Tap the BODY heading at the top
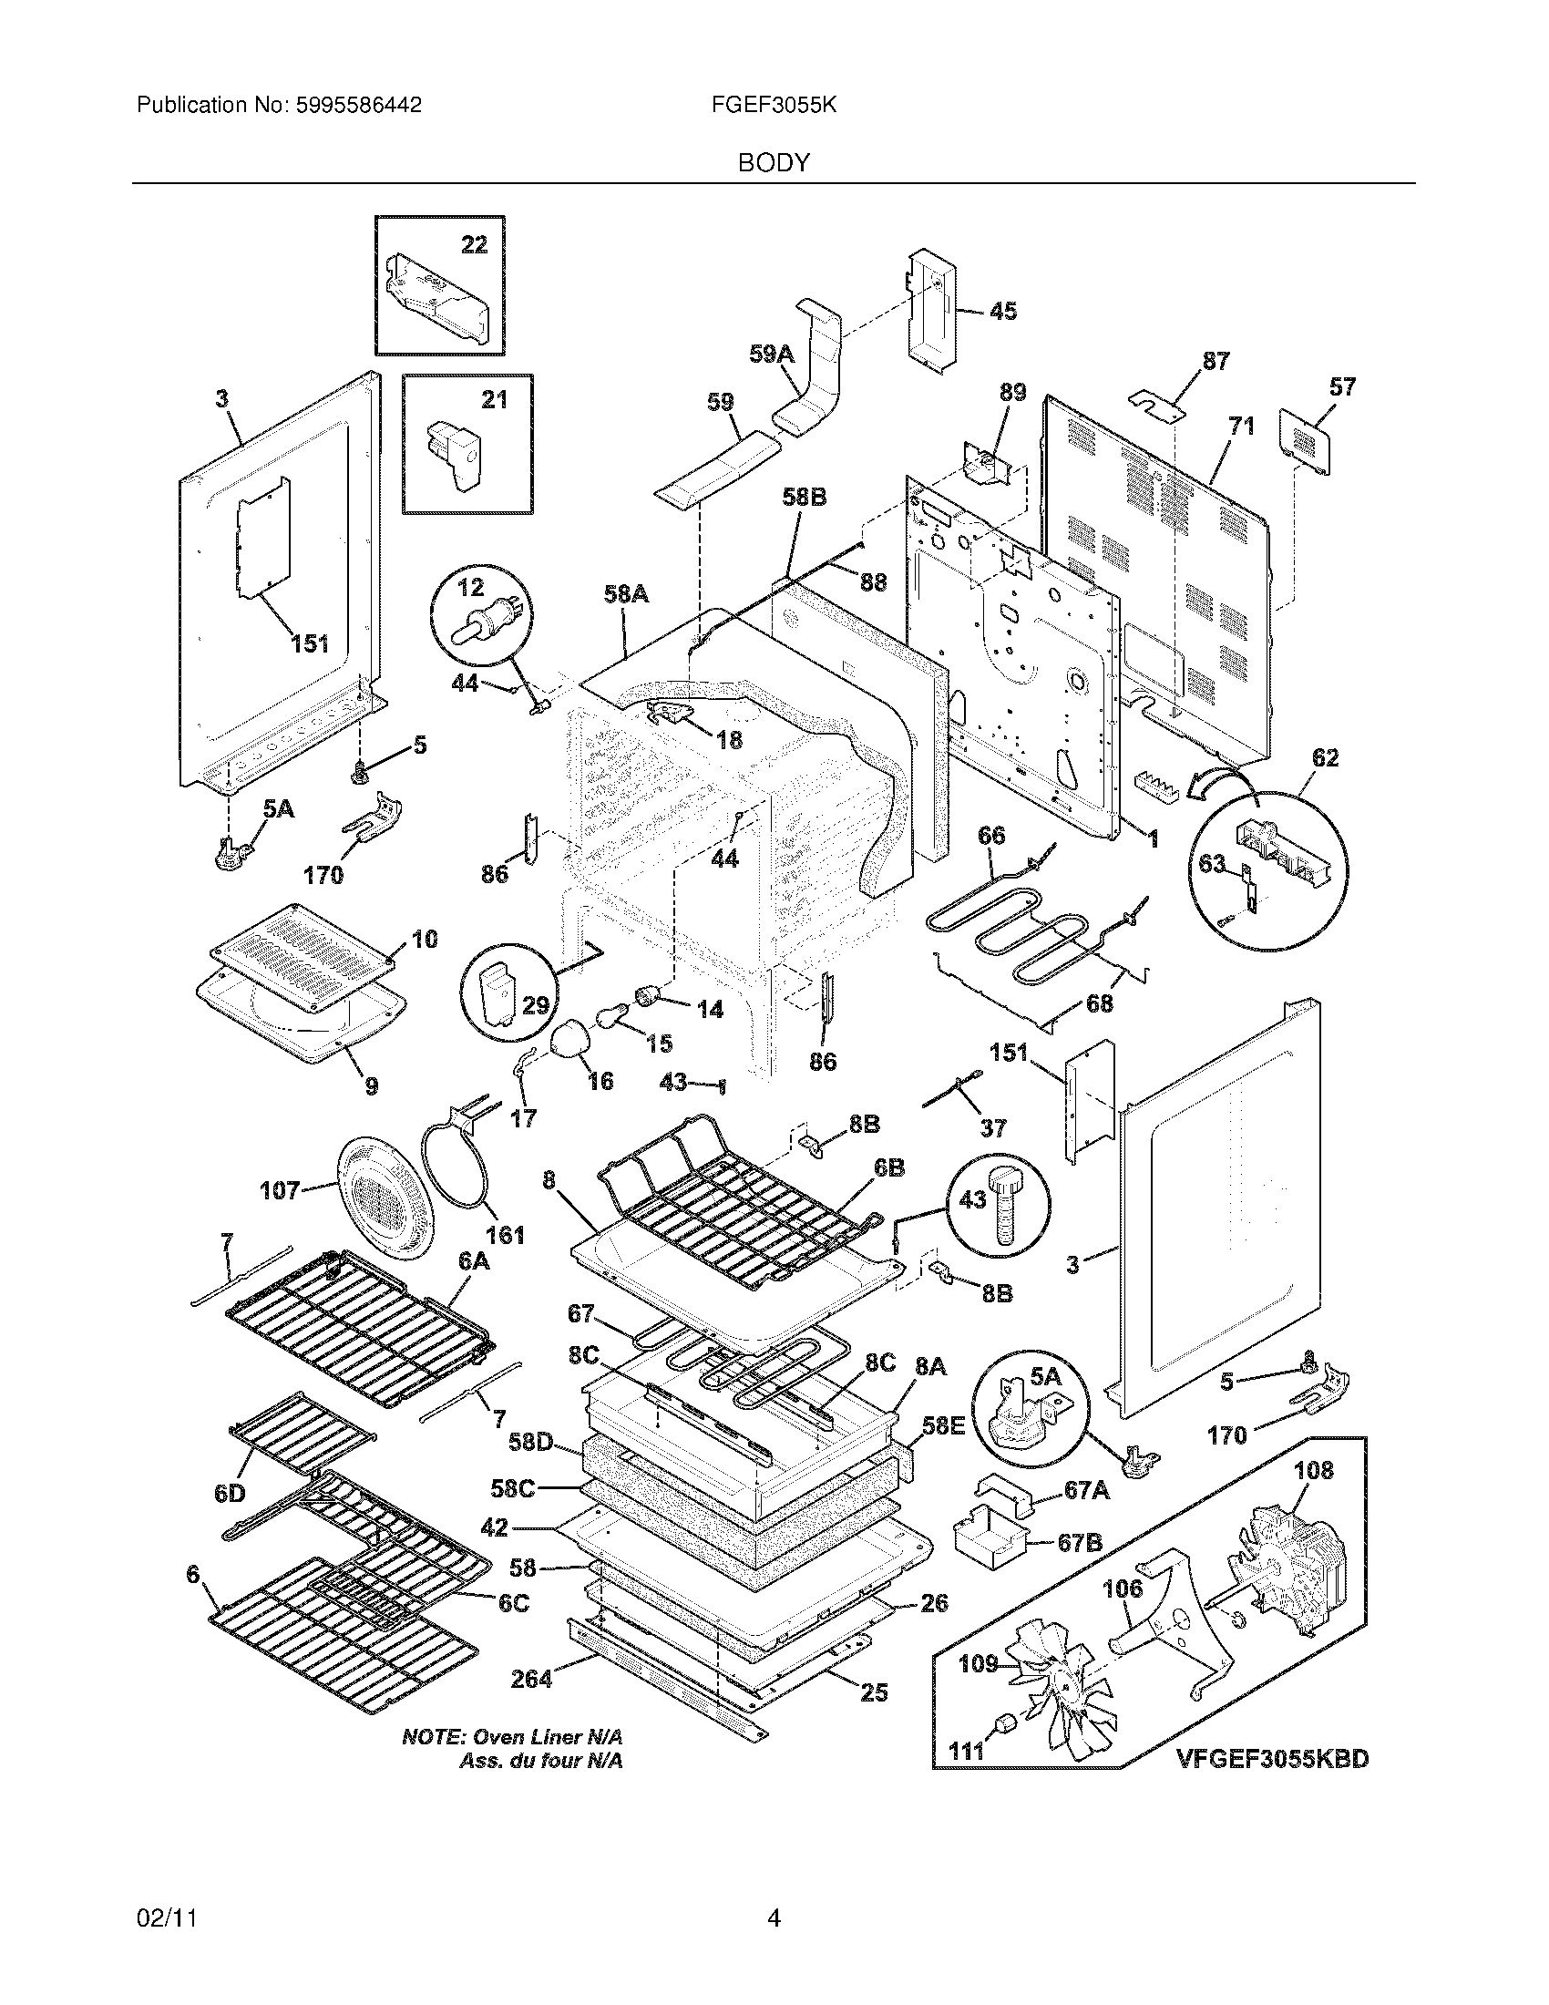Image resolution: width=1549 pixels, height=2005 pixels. tap(774, 163)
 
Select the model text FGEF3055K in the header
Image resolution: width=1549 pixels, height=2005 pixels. tap(774, 106)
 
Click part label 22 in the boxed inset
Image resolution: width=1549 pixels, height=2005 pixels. tap(474, 244)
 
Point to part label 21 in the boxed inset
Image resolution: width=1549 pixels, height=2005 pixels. tap(494, 399)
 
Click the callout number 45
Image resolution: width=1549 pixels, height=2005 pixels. tap(1003, 311)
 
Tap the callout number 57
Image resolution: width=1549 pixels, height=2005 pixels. tap(1341, 386)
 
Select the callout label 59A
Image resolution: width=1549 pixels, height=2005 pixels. tap(772, 354)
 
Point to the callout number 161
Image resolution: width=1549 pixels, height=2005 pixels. tap(505, 1234)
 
